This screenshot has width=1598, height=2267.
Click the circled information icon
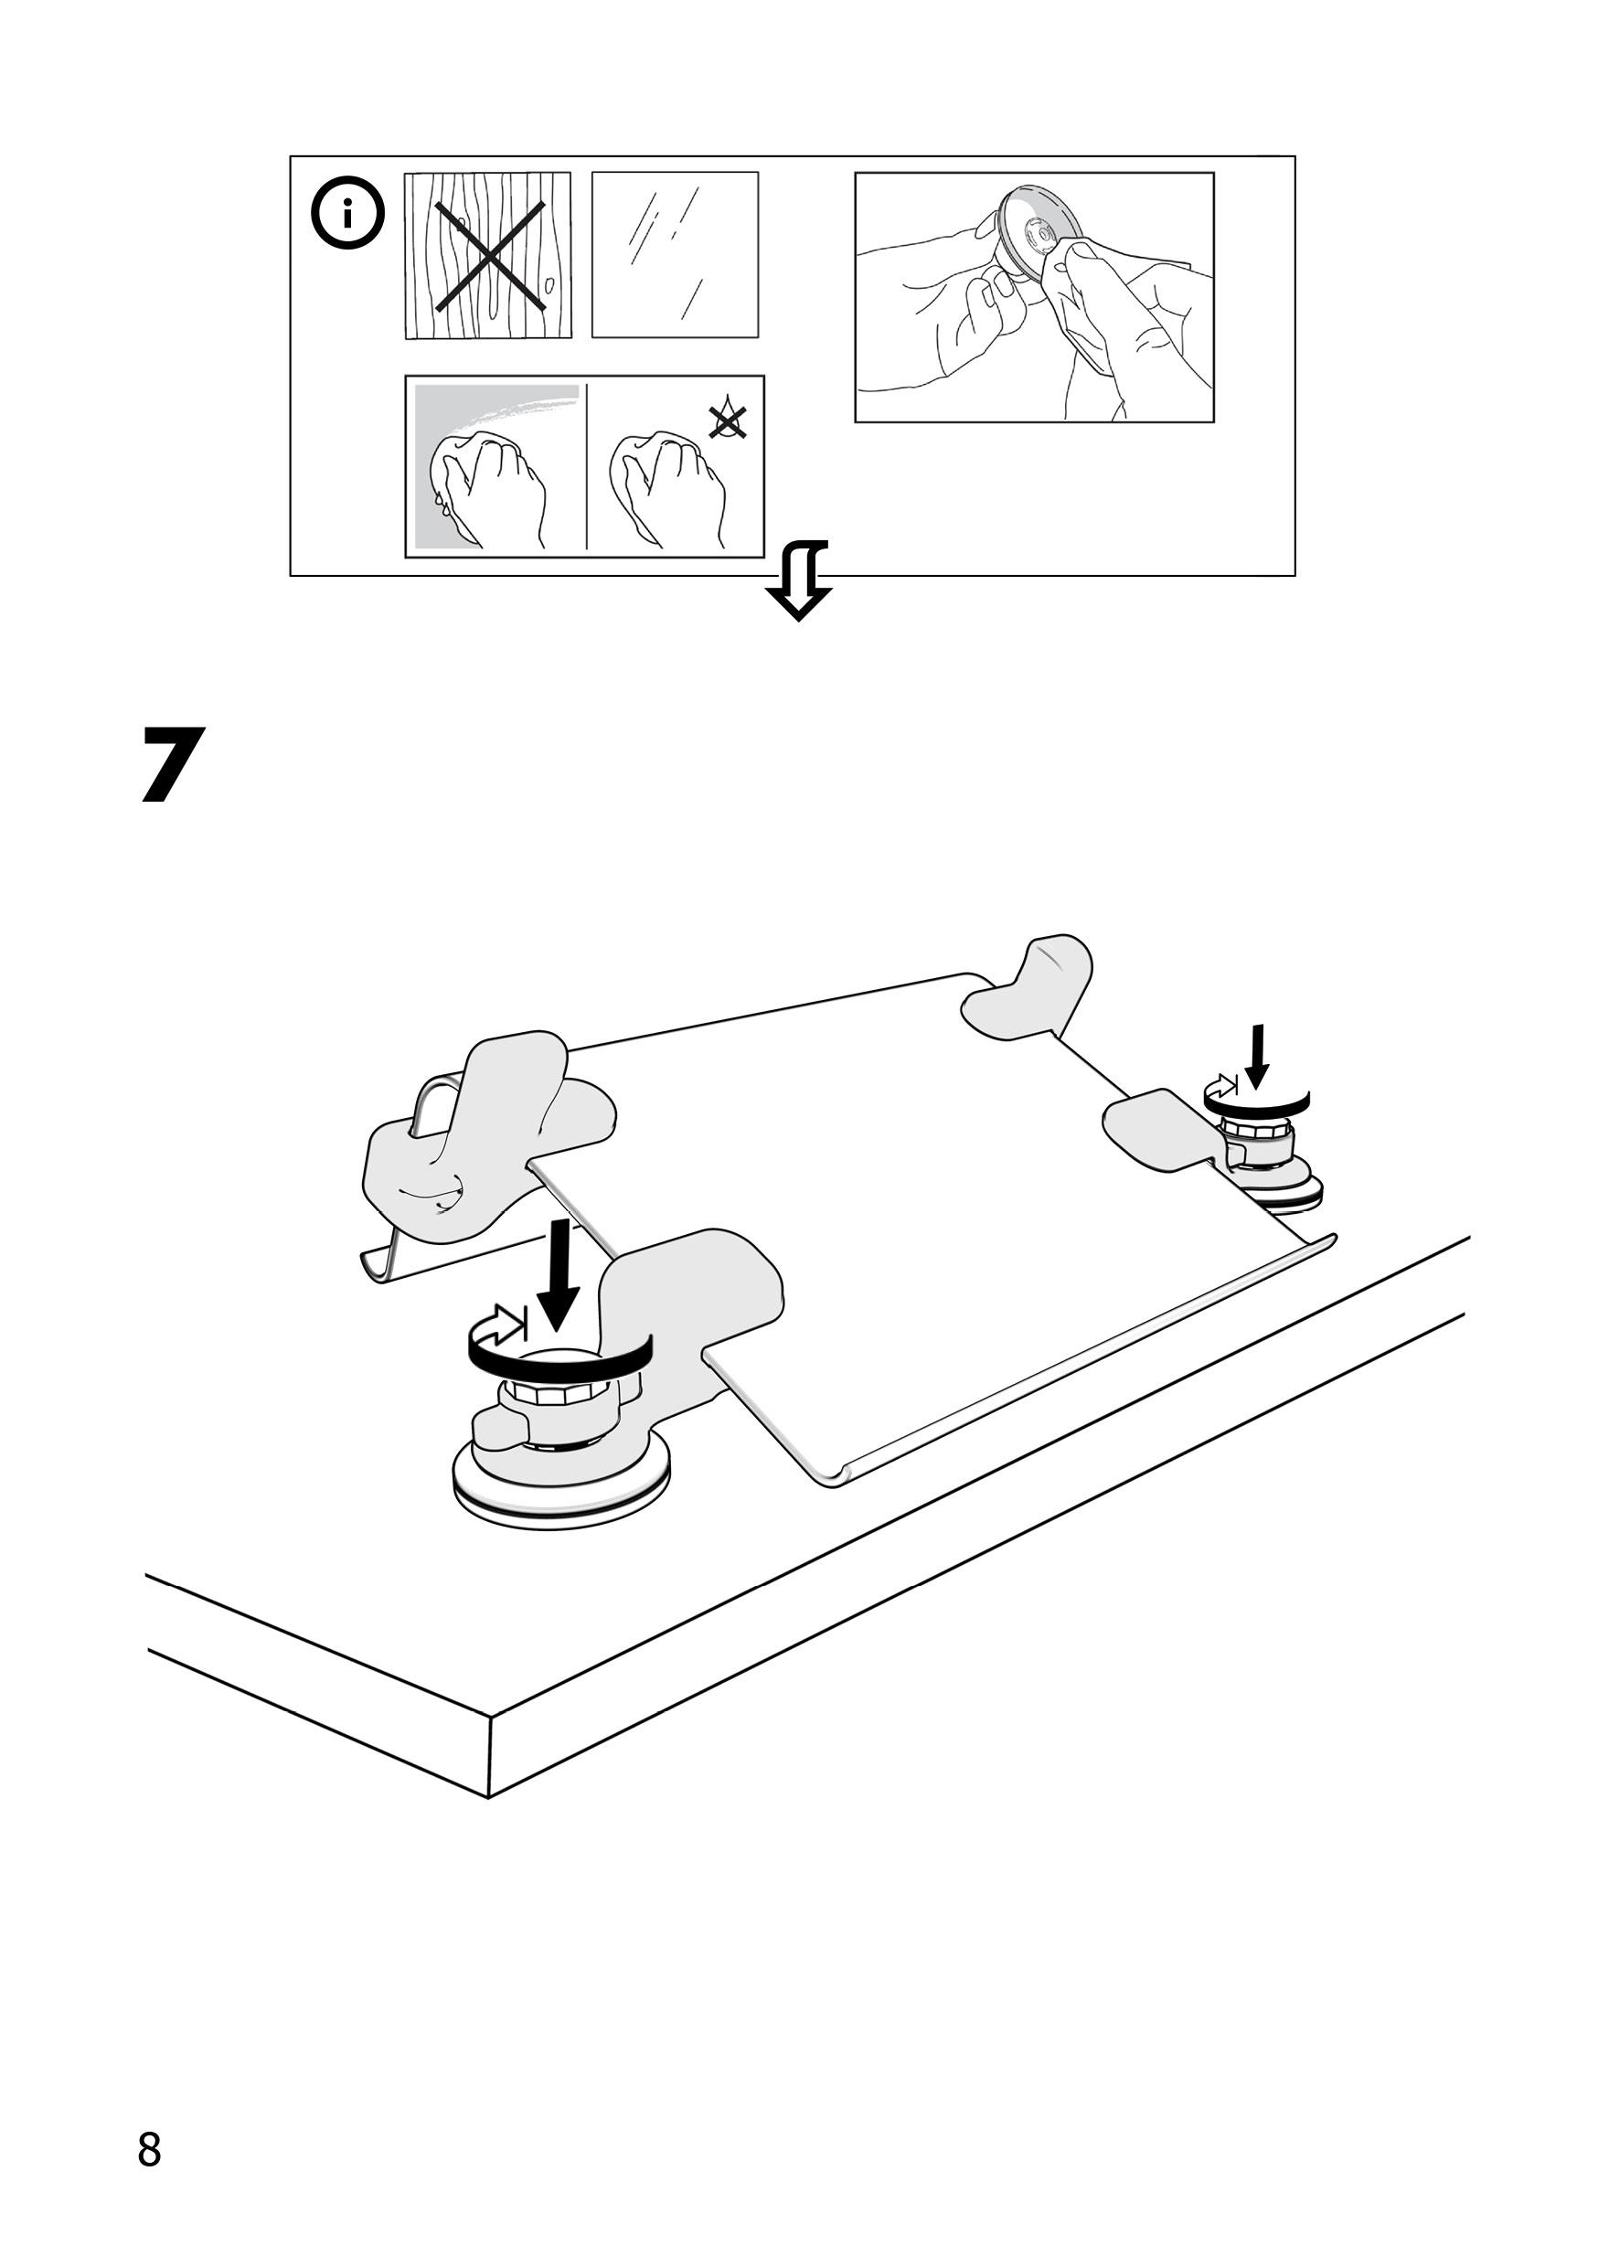pyautogui.click(x=346, y=214)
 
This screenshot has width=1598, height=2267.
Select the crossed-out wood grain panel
pyautogui.click(x=488, y=256)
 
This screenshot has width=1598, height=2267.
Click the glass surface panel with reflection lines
pyautogui.click(x=675, y=255)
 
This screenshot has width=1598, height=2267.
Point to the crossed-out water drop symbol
pyautogui.click(x=728, y=421)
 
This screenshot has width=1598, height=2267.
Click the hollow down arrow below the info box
pyautogui.click(x=798, y=581)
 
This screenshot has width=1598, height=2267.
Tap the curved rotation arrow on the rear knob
pyautogui.click(x=1256, y=1099)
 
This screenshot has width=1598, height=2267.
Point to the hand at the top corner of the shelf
pyautogui.click(x=1032, y=987)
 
